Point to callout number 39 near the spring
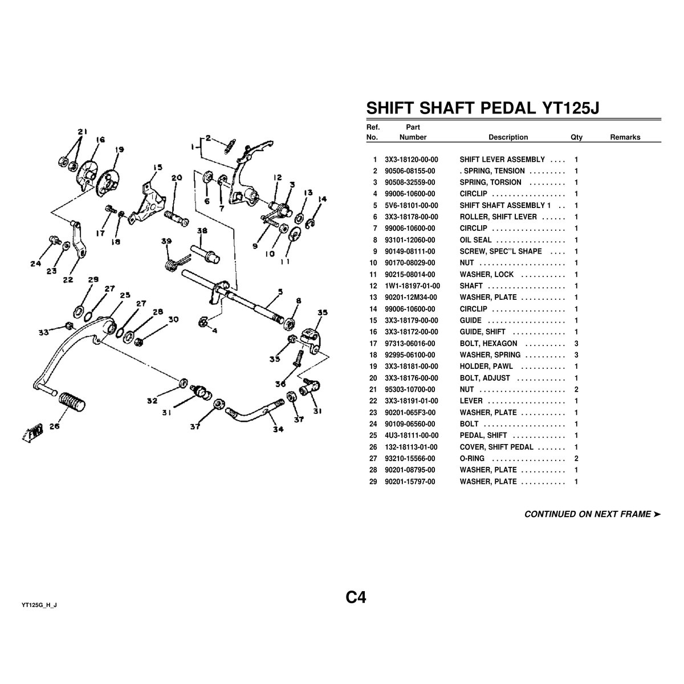point(166,241)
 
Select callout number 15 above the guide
point(157,168)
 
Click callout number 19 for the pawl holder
point(119,150)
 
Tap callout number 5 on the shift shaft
point(279,291)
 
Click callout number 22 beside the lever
point(68,279)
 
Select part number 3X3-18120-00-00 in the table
point(411,160)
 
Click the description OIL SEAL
point(475,240)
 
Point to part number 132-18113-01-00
point(411,447)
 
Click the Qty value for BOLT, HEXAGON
point(576,344)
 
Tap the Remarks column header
point(625,137)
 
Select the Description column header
point(508,137)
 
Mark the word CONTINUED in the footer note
point(549,514)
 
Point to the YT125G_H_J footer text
point(39,605)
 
